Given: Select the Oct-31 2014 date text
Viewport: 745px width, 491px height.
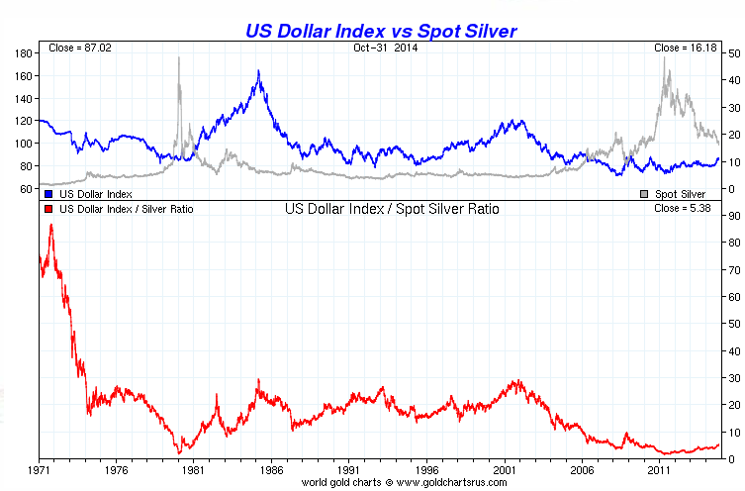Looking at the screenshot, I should click(381, 48).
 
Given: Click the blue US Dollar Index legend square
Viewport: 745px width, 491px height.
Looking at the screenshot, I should click(47, 194).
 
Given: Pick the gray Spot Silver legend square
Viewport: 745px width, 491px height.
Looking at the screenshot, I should click(646, 194).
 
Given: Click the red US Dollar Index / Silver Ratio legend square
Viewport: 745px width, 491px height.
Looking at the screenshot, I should click(47, 210).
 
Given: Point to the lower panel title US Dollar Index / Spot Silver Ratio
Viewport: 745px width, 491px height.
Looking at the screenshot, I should click(392, 210).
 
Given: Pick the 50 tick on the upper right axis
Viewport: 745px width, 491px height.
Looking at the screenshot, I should click(733, 52).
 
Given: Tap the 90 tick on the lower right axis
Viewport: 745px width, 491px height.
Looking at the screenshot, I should click(733, 216).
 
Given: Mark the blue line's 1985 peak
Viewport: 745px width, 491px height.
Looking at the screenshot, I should click(258, 71).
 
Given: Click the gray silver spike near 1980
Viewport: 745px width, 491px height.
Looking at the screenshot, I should click(179, 58).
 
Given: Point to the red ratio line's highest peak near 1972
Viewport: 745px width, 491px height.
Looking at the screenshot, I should click(51, 226).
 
